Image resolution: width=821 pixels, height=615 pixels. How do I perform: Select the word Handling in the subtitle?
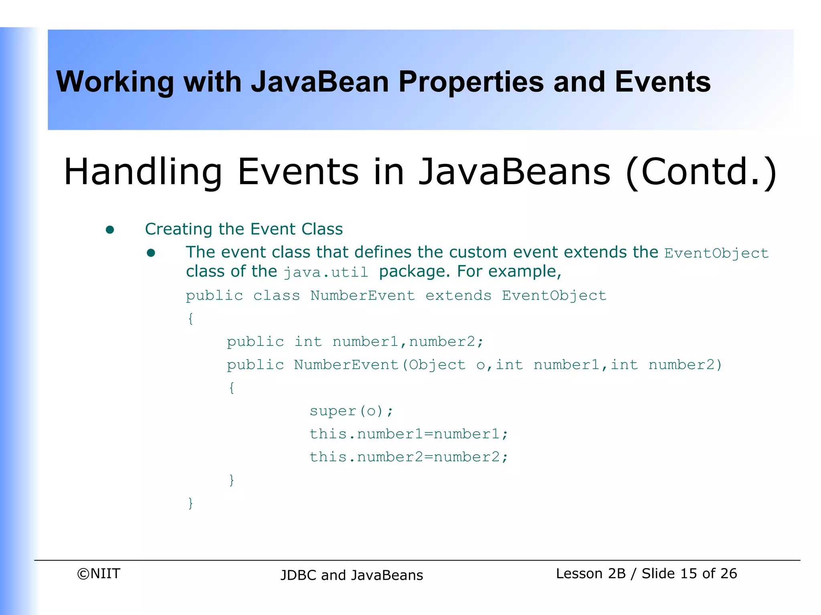[x=143, y=172]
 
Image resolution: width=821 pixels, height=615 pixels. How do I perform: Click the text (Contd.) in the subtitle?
[x=701, y=172]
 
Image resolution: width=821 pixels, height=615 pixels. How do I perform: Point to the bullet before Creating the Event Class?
[x=110, y=230]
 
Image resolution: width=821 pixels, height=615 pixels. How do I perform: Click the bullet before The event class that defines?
[x=151, y=253]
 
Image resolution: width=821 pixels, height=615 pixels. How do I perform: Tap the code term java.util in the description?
[x=326, y=273]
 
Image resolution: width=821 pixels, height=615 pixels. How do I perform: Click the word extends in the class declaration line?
[x=458, y=295]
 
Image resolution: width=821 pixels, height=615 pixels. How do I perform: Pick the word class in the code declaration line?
[x=276, y=295]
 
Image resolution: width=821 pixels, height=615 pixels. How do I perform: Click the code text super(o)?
[x=351, y=411]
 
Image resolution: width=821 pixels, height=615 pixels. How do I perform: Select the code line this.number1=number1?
[x=408, y=434]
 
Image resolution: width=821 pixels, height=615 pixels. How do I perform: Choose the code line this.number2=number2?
[x=408, y=457]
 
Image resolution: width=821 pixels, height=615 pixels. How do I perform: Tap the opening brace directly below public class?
[x=191, y=319]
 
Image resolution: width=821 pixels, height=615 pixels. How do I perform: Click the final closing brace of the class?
[x=191, y=503]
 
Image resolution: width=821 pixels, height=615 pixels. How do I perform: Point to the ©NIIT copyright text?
[x=99, y=574]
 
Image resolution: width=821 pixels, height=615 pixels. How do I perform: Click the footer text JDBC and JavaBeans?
[x=352, y=575]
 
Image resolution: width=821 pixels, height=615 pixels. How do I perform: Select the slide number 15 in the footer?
[x=688, y=574]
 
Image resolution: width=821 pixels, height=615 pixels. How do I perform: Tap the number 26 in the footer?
[x=728, y=574]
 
